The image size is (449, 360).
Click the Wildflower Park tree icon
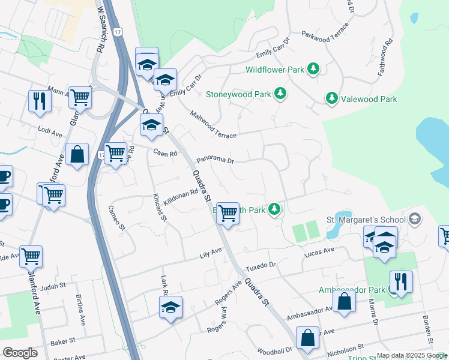click(x=313, y=70)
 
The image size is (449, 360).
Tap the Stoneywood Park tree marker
click(x=280, y=94)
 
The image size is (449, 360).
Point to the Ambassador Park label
click(x=352, y=290)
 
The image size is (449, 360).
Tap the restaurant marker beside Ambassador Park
click(x=400, y=281)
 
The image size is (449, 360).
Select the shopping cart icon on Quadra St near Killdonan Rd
click(x=228, y=213)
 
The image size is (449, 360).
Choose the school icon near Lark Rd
click(x=171, y=308)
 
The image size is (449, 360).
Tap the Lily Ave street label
click(x=211, y=256)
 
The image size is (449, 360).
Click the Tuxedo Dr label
click(x=262, y=265)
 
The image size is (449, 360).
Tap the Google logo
click(x=20, y=353)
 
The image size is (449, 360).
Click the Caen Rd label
click(x=165, y=153)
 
